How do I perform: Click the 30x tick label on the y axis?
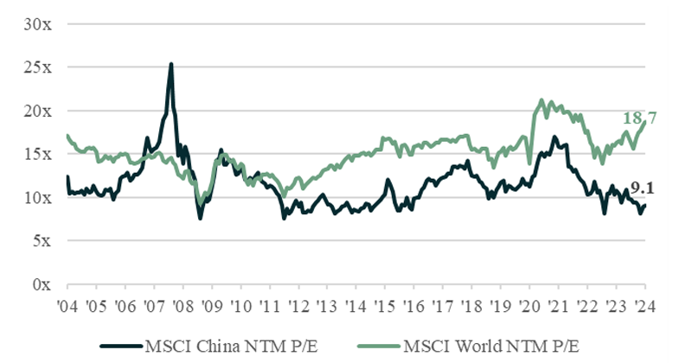click(x=38, y=24)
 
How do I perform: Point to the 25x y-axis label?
click(x=38, y=67)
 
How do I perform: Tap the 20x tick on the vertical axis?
click(x=38, y=111)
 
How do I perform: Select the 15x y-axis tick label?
click(x=38, y=154)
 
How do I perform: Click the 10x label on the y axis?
click(x=38, y=197)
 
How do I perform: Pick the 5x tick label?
click(x=42, y=240)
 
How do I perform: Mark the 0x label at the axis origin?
click(x=42, y=283)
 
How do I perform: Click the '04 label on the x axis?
click(x=67, y=305)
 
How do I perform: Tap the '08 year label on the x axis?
click(x=183, y=305)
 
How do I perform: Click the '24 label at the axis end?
click(x=644, y=305)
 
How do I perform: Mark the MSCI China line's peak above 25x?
click(x=171, y=64)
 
